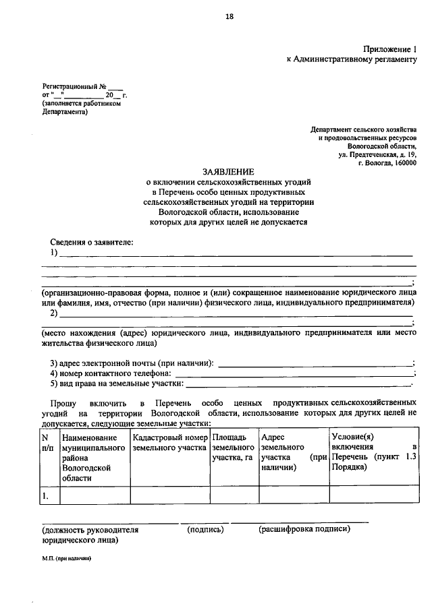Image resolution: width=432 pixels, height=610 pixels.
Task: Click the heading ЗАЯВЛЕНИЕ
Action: [229, 172]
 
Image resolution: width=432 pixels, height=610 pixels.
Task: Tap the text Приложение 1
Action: [391, 49]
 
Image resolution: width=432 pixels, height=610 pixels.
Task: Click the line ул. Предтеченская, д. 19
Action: [378, 154]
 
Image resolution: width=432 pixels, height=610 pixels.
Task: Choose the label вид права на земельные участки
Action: [116, 384]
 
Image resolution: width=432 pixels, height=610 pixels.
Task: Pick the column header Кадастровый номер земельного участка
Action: [169, 442]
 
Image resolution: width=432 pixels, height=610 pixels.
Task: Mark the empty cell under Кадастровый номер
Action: [169, 495]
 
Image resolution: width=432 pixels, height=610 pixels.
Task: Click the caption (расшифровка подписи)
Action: [304, 530]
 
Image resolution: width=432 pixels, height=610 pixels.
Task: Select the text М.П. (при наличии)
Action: [66, 559]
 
